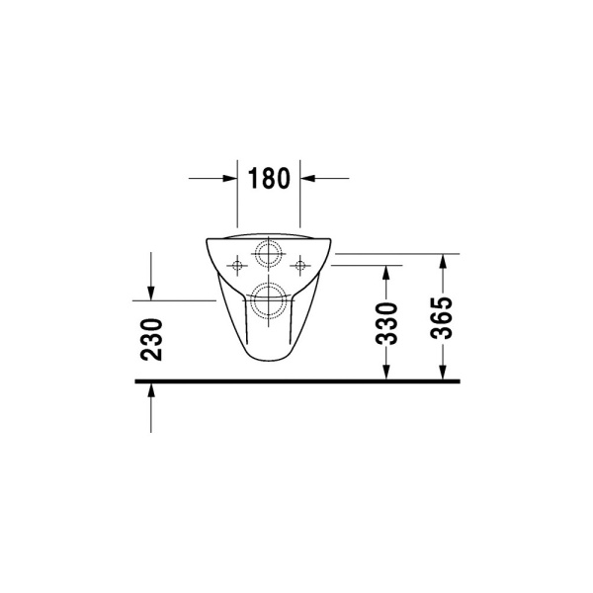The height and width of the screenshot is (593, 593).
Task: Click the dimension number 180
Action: coord(269,178)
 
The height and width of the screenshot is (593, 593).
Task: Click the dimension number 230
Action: coord(151,340)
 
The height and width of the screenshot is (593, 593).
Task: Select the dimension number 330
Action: coord(386,323)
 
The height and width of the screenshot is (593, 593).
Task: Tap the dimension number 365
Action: coord(441,317)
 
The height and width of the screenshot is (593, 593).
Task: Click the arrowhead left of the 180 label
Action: coord(230,178)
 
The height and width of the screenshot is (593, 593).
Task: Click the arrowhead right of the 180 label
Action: coord(307,178)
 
